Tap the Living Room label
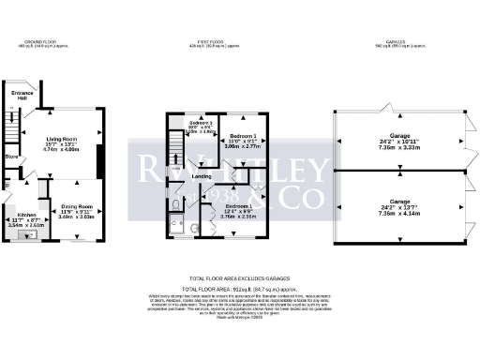pyautogui.click(x=62, y=140)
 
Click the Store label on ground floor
pyautogui.click(x=10, y=157)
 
